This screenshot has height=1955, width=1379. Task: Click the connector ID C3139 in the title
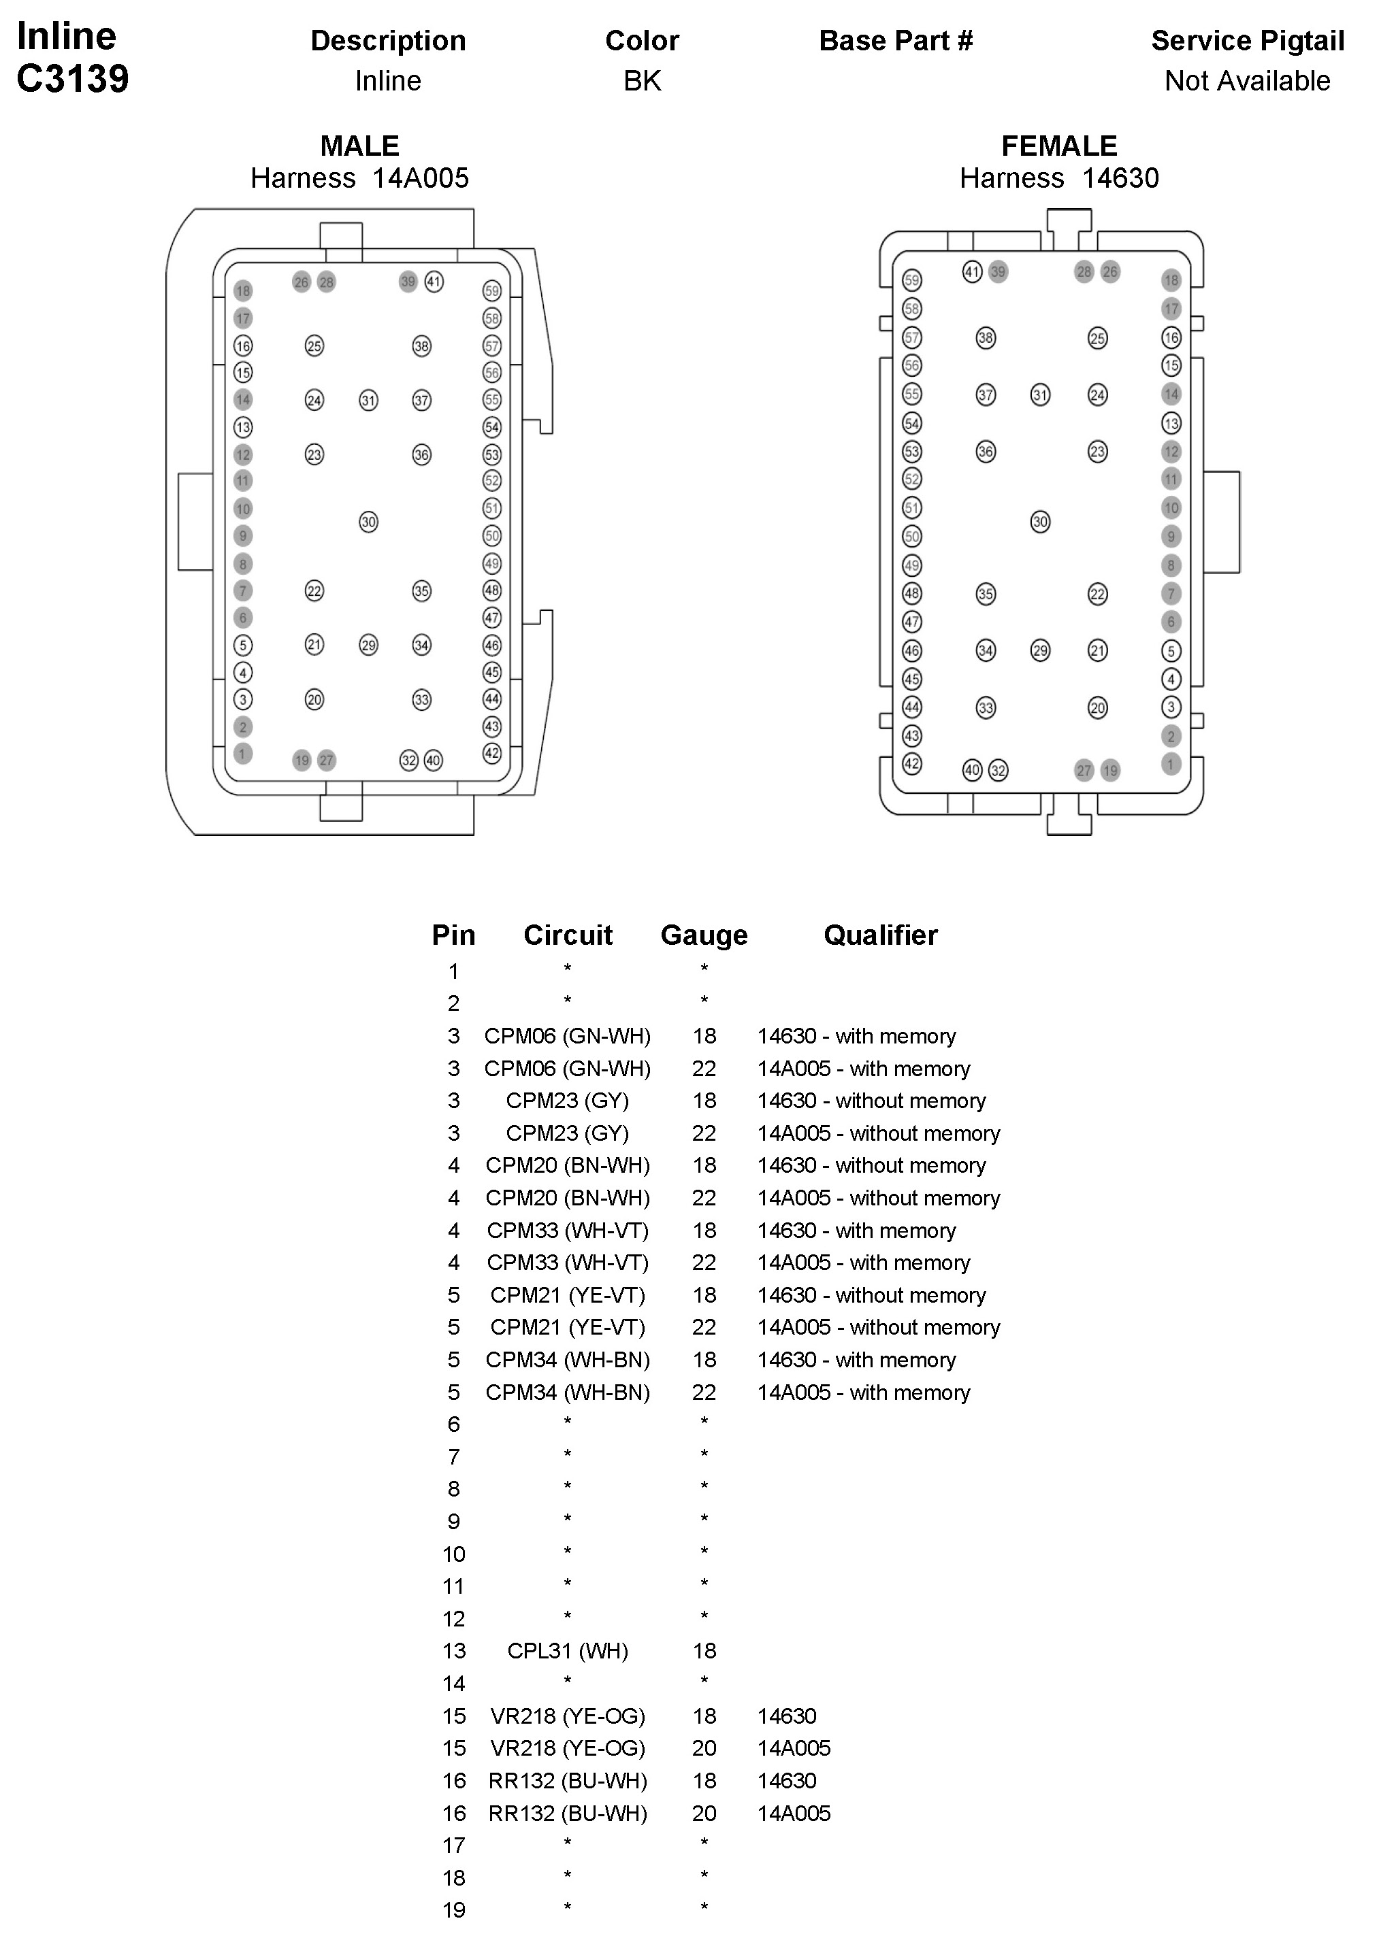coord(72,79)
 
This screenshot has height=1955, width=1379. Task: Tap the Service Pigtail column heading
coord(1247,41)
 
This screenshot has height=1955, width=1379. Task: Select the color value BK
coord(643,81)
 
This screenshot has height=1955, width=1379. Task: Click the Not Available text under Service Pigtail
coord(1247,81)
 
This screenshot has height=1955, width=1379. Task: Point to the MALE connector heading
coord(359,146)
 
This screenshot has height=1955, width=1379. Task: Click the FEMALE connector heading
coord(1058,146)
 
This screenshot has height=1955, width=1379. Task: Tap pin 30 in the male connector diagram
coord(368,522)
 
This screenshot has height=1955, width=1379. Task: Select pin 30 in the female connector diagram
coord(1040,522)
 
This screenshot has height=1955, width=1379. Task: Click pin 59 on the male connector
coord(491,291)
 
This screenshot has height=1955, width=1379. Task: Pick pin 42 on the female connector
coord(911,764)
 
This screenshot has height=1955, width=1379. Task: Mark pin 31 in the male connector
coord(368,400)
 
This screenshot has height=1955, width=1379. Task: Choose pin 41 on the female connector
coord(972,271)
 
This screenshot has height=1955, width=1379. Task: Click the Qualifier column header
coord(880,935)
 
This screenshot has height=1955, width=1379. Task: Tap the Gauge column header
coord(704,935)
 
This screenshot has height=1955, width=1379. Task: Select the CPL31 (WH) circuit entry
coord(567,1650)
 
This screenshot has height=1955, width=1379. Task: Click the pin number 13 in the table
coord(454,1651)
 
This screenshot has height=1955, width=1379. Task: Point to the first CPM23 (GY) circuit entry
coord(567,1101)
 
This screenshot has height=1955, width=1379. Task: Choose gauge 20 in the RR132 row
coord(704,1813)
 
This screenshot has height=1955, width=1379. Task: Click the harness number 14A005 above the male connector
coord(420,178)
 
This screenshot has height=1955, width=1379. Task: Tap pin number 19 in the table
coord(454,1910)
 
